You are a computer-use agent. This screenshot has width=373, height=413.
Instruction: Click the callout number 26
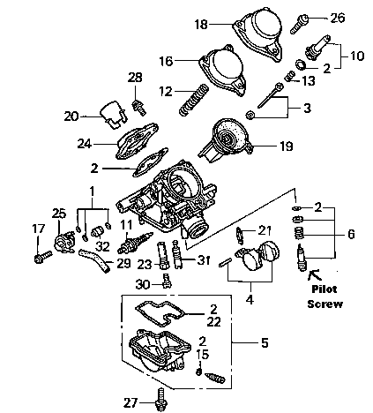[338, 18]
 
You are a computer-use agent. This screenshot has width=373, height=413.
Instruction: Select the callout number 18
[201, 25]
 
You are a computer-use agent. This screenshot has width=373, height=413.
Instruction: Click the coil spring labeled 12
[194, 100]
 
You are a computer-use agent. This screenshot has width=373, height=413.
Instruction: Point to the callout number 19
[287, 146]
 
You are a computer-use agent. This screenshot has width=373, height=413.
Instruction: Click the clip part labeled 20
[114, 115]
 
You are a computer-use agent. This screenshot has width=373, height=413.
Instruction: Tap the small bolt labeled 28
[139, 108]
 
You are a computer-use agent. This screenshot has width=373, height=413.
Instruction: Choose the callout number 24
[85, 144]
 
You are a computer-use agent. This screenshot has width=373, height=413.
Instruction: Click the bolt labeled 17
[43, 257]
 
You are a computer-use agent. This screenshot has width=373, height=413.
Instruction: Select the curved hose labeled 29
[94, 259]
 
